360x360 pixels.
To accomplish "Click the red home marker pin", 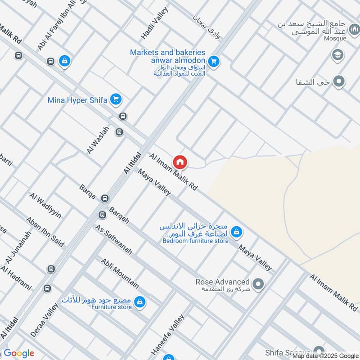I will coord(180,162).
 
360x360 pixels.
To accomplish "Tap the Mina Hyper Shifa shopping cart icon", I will coord(116,99).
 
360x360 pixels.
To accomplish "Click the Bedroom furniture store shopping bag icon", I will coord(235,232).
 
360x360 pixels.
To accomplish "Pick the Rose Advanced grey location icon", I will coord(258,284).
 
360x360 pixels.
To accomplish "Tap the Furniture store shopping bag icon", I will coord(140,301).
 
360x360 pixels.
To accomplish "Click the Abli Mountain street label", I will coord(120,273).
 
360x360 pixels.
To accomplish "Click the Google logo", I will coord(19,353).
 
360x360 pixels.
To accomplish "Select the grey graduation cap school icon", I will coord(336,55).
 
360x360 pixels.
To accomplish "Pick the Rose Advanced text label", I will coord(222,282).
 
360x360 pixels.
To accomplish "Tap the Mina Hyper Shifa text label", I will coord(77,100).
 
